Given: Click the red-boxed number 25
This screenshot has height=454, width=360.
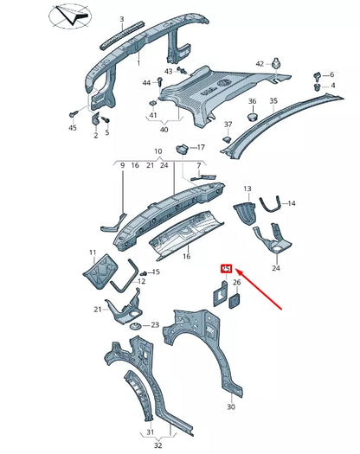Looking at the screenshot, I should coord(227,269).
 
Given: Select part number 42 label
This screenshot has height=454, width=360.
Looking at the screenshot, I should coord(260,64).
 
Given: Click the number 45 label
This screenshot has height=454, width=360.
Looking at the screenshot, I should coord(73,127).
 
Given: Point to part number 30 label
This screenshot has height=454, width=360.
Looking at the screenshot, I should coord(230,406).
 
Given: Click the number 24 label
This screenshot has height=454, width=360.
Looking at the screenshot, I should coord(276,269).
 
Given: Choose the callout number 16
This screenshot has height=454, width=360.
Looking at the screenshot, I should coord(185,257).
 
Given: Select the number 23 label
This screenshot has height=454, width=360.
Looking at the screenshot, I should coord(156,325).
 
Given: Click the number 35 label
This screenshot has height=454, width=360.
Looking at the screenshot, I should coord(273,101).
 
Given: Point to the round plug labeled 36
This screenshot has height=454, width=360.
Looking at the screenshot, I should coord(252,115).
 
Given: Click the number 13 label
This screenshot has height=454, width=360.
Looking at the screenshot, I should coord(247,189).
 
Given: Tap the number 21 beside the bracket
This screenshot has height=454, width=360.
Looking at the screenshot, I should coord(96,309).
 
